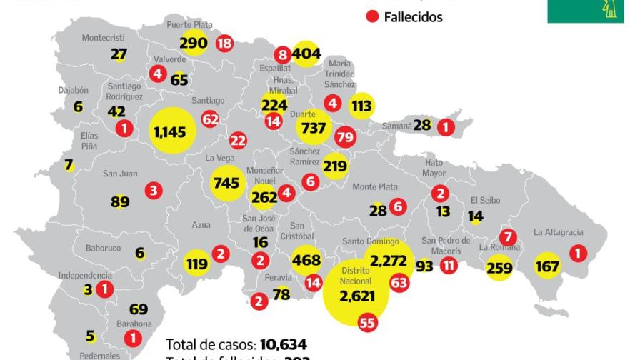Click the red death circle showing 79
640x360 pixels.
(x=345, y=136)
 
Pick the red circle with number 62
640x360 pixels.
(x=210, y=119)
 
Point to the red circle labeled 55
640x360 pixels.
(x=367, y=323)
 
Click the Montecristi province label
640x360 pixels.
(x=104, y=37)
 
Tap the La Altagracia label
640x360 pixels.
(x=558, y=232)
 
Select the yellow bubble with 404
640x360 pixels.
(x=306, y=54)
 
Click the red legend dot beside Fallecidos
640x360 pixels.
(x=372, y=17)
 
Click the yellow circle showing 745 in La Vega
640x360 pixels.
(x=225, y=184)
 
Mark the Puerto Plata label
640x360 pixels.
(x=189, y=24)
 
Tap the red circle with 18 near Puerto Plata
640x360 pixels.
(x=224, y=43)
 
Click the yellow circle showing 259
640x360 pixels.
(x=499, y=268)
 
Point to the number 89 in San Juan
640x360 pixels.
(x=120, y=202)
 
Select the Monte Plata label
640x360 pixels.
(x=375, y=187)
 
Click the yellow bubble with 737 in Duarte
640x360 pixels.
(x=314, y=129)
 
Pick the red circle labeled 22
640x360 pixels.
(x=238, y=141)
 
